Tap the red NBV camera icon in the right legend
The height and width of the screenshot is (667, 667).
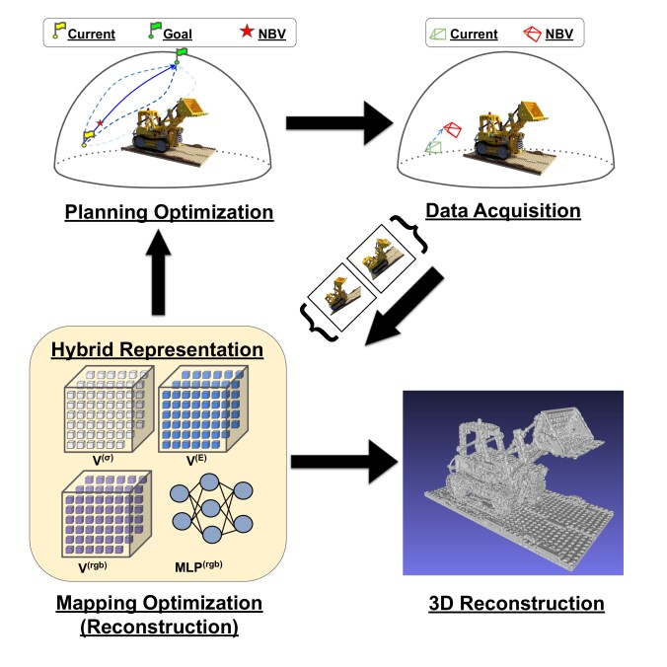533,34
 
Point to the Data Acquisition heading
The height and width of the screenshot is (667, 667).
502,210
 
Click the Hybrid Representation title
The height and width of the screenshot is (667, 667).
157,349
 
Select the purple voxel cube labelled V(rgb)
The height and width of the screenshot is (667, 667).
108,511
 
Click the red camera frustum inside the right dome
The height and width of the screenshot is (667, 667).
453,130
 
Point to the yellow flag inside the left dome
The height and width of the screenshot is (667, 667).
89,133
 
